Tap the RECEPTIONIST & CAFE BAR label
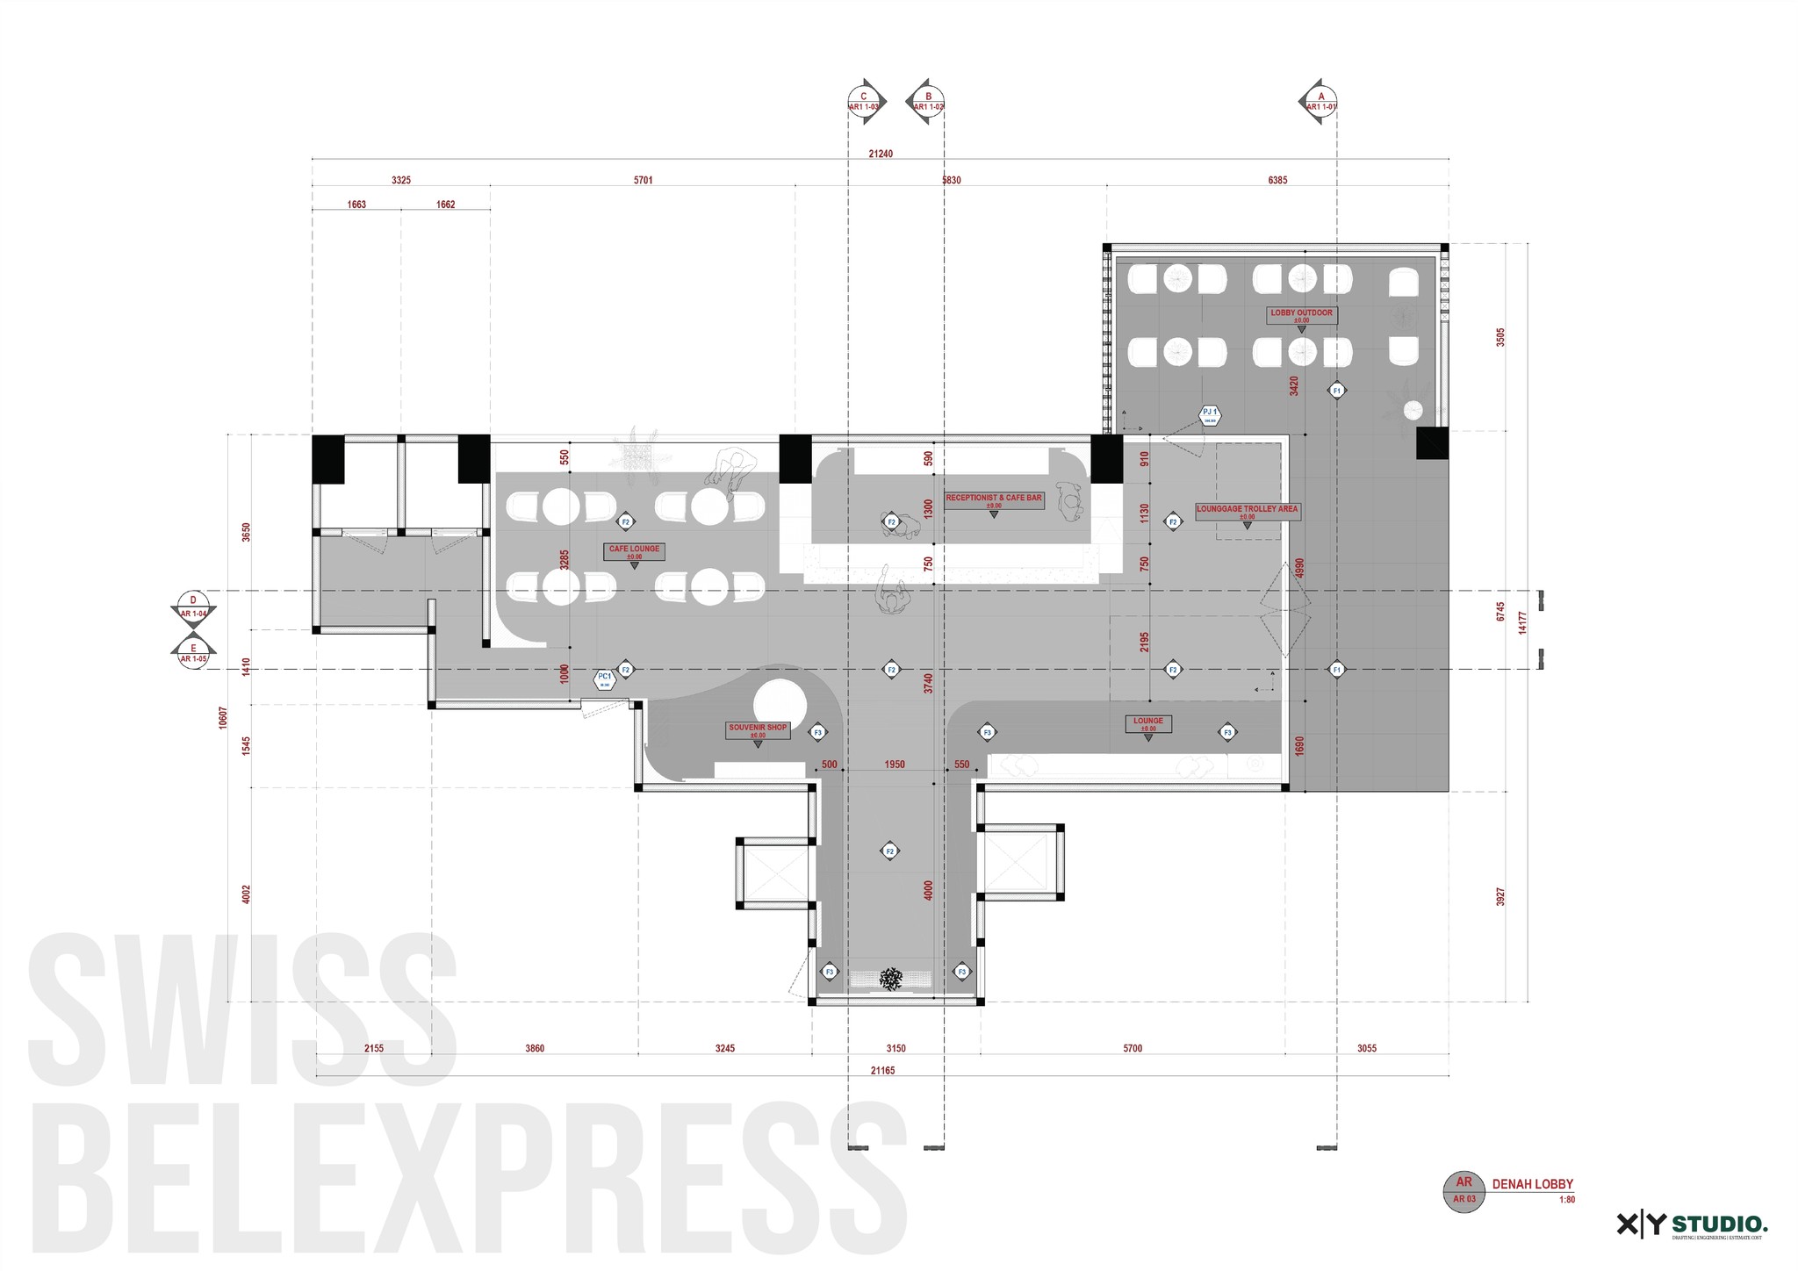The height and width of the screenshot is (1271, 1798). click(994, 499)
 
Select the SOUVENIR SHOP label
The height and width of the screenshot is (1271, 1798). click(758, 729)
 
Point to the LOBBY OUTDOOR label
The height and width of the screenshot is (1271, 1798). click(1301, 313)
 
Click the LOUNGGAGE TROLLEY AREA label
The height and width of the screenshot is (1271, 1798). click(1247, 510)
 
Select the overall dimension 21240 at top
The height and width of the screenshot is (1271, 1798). click(881, 154)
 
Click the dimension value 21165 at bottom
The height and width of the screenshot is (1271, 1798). click(882, 1071)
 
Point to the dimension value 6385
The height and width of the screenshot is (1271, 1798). click(1277, 180)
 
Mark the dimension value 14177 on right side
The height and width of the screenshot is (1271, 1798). click(1523, 623)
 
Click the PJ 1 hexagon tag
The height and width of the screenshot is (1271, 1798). click(1210, 414)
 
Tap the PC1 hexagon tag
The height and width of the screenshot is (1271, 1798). click(604, 679)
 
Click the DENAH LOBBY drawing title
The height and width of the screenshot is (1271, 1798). click(1533, 1184)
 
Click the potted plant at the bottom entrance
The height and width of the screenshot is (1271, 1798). click(892, 979)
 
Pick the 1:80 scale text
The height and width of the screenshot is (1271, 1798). click(1566, 1200)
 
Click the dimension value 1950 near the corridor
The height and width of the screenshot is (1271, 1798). click(895, 765)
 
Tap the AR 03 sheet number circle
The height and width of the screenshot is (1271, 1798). click(1464, 1192)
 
